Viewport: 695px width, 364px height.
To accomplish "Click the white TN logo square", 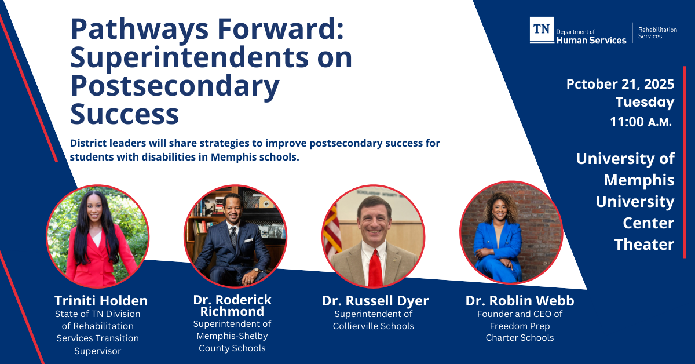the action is point(542,30).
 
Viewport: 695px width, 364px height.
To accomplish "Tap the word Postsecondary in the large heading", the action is point(175,86).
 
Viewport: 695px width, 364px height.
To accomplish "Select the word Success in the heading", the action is point(125,114).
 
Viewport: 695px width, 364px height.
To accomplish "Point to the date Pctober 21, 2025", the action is point(620,84).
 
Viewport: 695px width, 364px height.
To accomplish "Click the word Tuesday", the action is point(645,103).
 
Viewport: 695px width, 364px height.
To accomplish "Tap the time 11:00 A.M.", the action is point(641,122).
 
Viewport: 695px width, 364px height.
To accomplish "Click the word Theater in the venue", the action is point(644,245).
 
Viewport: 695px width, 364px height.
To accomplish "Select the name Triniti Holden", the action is point(101,301).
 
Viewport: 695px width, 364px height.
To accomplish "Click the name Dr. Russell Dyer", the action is point(375,301).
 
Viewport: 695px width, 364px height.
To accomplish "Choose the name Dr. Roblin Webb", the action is point(520,301).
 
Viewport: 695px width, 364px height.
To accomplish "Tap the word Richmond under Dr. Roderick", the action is point(232,311).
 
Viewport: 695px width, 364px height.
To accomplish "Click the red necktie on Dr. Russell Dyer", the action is point(375,268).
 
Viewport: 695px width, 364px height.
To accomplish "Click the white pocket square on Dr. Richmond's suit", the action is point(248,240).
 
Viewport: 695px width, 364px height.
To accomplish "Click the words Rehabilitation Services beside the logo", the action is point(657,33).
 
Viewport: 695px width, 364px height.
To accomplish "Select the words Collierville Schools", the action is point(373,326).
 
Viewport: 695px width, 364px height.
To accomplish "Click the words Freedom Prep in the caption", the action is point(520,326).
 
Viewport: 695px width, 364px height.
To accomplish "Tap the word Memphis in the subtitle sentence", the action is point(233,157).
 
